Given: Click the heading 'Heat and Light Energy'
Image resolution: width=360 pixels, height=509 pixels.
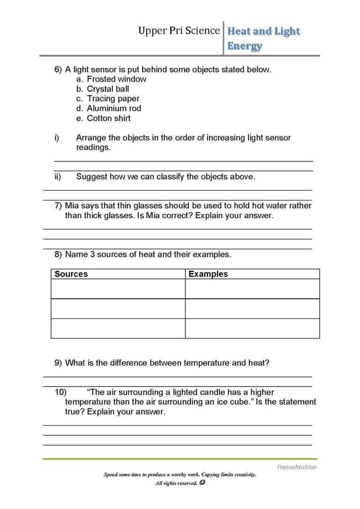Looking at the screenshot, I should click(x=263, y=38).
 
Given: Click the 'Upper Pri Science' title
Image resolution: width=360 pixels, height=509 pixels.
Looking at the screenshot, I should click(x=179, y=31).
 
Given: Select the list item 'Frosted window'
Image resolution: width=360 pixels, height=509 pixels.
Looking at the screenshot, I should click(x=116, y=79).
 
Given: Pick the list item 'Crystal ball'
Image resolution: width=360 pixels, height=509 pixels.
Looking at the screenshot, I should click(x=108, y=89).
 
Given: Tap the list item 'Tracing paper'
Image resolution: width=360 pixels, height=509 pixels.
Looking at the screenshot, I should click(x=113, y=99).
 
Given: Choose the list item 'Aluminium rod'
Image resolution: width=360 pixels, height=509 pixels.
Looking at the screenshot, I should click(x=114, y=109).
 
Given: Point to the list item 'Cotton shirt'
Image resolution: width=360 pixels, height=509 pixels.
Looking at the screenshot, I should click(x=109, y=119).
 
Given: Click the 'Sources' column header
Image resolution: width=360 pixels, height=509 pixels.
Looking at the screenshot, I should click(x=71, y=274).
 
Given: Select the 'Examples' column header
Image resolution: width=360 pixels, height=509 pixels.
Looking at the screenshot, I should click(x=208, y=274).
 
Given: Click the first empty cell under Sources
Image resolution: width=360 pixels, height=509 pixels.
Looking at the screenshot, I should click(x=118, y=289).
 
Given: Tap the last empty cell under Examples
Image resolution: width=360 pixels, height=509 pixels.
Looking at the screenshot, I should click(x=252, y=328).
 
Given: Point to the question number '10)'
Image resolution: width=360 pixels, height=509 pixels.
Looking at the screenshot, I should click(x=61, y=392).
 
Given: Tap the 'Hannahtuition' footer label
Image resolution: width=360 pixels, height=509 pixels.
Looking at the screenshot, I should click(x=296, y=467).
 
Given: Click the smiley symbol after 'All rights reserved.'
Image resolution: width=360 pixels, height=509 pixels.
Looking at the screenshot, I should click(x=202, y=483).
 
